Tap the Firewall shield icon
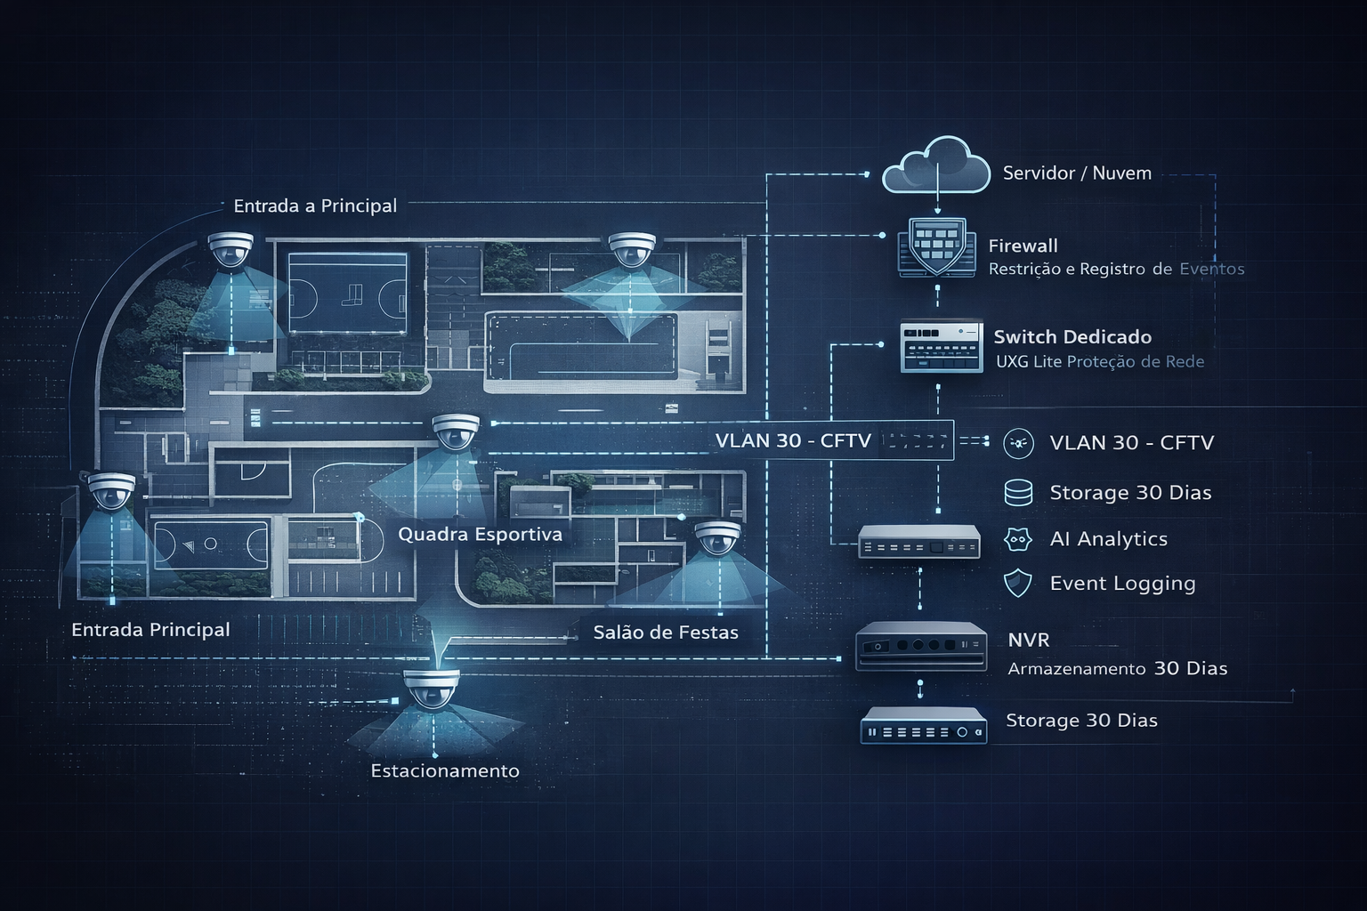coord(937,246)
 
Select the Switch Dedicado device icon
coord(941,346)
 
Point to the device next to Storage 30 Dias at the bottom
coord(924,725)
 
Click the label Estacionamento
coord(445,770)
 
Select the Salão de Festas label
coord(666,633)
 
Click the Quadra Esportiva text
coord(480,535)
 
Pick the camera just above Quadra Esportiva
coord(456,431)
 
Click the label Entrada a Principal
coord(315,206)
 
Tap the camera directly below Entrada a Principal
coord(231,249)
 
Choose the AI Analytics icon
coord(1017,539)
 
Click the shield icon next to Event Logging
coord(1017,584)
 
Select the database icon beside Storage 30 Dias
coord(1018,493)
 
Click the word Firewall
coord(1023,246)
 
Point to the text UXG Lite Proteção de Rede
coord(1099,361)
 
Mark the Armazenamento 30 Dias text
coord(1117,668)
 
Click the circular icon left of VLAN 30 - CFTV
coord(1018,443)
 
